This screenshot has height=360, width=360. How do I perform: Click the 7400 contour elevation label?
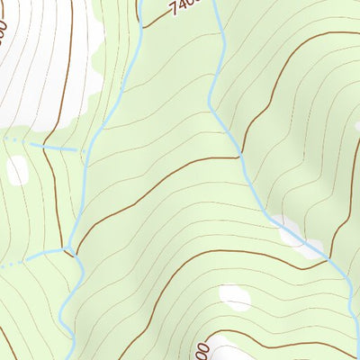183,8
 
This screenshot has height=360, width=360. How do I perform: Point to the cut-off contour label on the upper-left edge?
4,34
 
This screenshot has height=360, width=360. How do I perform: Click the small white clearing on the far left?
17,169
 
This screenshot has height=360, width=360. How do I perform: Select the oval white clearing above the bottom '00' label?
235,298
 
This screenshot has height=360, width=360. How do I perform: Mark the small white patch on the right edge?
357,127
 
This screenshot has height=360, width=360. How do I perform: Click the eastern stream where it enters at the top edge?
215,3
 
